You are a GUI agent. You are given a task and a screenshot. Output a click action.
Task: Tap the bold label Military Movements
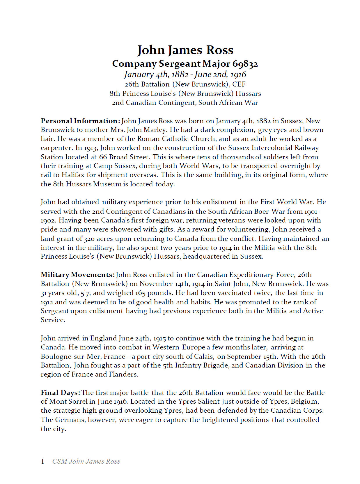[77, 275]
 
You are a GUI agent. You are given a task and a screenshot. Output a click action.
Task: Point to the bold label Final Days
[60, 393]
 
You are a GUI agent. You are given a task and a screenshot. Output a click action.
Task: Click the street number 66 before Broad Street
[103, 157]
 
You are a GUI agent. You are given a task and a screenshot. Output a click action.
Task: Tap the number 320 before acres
[89, 239]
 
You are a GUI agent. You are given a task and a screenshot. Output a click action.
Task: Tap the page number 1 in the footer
[42, 461]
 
